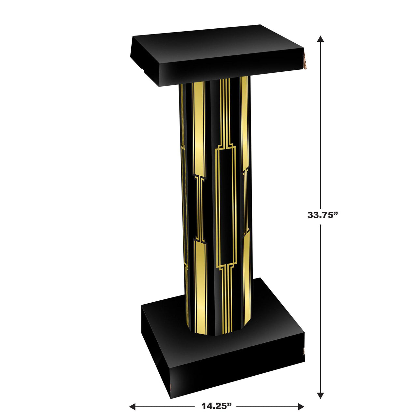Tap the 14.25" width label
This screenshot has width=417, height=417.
tap(216, 406)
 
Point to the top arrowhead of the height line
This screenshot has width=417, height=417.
tap(321, 39)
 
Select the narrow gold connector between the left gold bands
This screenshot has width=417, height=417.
tap(199, 208)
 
